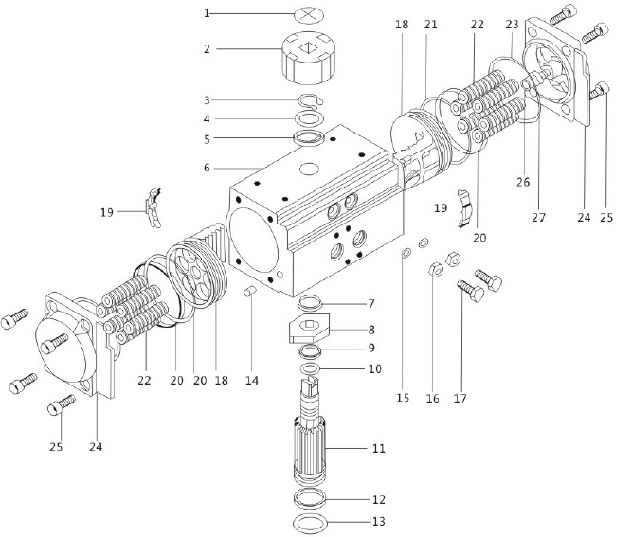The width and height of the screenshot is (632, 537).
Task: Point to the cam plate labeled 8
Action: [308, 332]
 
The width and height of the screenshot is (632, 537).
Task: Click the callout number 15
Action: [403, 398]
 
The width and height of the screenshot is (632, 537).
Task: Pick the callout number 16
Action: [432, 398]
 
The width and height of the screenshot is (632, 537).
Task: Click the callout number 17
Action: [461, 398]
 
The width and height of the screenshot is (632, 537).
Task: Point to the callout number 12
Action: [379, 498]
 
